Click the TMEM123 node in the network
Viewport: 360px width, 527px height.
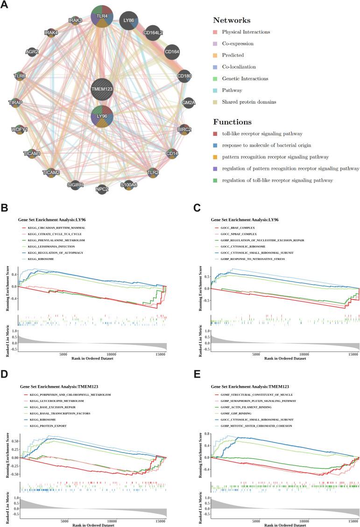click(x=102, y=89)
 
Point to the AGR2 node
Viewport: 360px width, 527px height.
click(x=32, y=52)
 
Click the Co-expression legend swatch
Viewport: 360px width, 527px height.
click(x=216, y=43)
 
